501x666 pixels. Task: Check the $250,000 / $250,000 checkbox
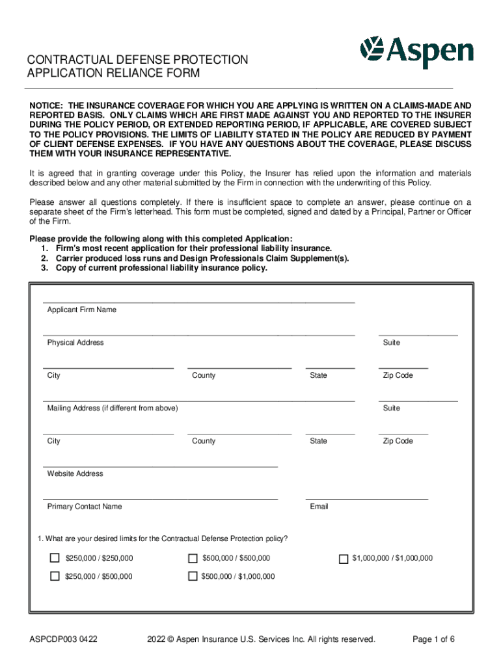(55, 558)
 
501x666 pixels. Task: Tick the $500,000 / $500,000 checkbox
(193, 558)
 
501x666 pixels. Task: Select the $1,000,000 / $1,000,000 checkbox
(344, 558)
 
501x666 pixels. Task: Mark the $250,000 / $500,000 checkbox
(55, 576)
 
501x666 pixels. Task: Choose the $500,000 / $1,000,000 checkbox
(193, 576)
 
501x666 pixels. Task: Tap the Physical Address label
(75, 343)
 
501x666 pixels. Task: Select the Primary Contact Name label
(84, 507)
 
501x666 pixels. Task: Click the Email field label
(319, 507)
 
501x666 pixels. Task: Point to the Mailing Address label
(112, 408)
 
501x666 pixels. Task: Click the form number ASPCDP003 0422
(64, 639)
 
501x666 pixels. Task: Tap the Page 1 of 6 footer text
(433, 639)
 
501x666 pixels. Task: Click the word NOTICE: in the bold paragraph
(47, 105)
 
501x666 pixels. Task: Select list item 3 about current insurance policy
(154, 268)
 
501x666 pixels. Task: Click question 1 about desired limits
(163, 539)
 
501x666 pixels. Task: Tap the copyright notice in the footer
(261, 639)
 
